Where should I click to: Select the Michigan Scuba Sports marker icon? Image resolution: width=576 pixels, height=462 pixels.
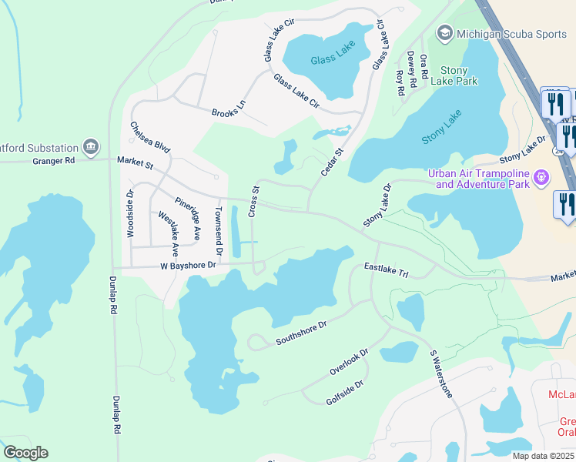point(444,33)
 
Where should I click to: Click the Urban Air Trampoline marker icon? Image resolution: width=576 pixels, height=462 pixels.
point(541,178)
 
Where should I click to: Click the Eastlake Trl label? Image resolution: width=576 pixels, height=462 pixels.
point(386,269)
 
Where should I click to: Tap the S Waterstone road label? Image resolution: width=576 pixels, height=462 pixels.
point(441,374)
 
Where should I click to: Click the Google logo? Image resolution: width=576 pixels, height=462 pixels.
point(25,453)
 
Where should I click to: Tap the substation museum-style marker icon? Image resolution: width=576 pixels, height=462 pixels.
point(91,146)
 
